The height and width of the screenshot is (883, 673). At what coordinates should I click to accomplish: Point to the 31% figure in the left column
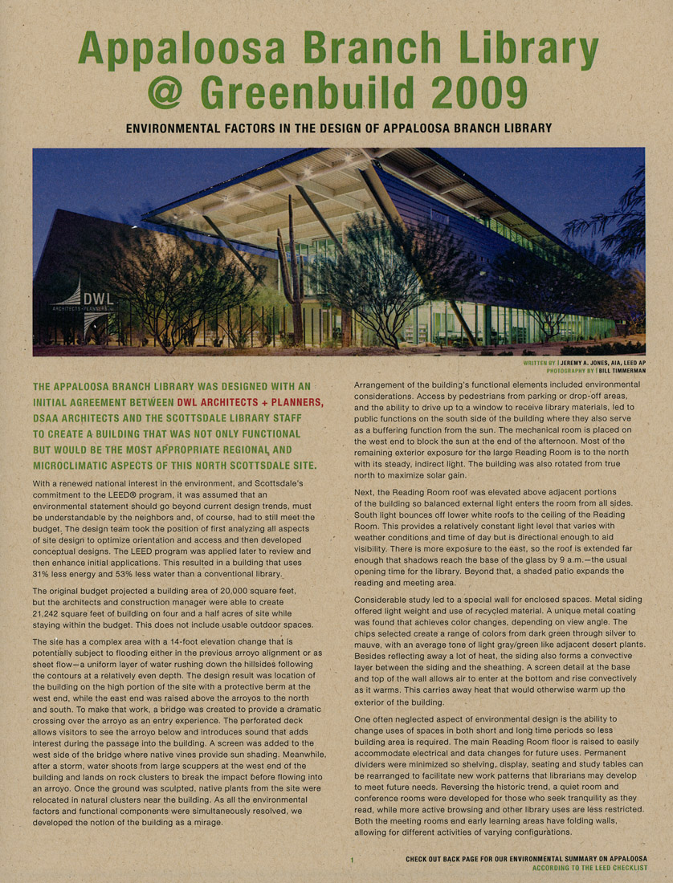43,575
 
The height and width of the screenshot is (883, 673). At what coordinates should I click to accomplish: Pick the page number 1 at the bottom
352,860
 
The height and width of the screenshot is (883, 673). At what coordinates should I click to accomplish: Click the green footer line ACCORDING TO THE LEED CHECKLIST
589,868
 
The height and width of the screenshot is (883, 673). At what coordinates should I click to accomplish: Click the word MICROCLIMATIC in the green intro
79,466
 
